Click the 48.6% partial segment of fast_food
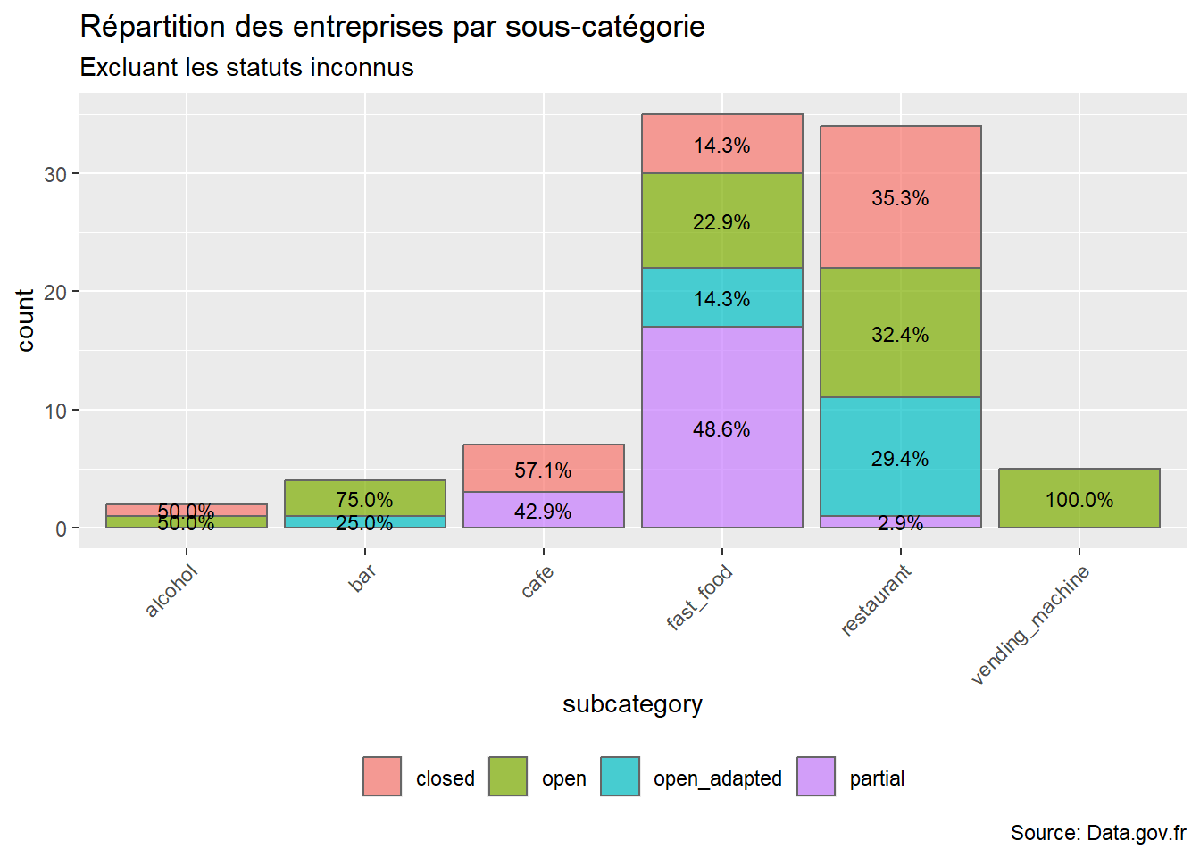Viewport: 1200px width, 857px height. coord(721,428)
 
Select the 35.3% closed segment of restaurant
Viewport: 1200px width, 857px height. coord(900,197)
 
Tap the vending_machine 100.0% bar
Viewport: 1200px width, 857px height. coord(1079,498)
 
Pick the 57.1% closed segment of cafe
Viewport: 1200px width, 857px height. coord(543,469)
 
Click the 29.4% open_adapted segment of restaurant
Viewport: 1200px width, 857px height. coord(900,456)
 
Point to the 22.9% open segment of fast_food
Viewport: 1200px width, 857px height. coord(721,220)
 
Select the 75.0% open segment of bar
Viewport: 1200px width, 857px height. coord(364,498)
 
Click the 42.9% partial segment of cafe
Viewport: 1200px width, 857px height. coord(543,511)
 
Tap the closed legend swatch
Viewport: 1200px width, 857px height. coord(382,777)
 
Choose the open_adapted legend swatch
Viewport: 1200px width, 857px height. coord(620,777)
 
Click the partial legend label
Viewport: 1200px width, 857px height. coord(877,778)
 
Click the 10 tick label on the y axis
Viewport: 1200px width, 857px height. coord(55,411)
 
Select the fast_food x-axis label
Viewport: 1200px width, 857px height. coord(700,597)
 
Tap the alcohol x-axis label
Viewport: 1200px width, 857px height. coord(171,591)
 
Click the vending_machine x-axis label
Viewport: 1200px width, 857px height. coord(1030,625)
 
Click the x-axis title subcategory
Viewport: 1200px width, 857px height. coord(632,704)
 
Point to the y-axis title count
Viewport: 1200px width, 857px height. coord(25,320)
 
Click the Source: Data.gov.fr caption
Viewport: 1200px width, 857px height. coord(1097,833)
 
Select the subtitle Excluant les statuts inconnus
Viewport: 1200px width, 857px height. coord(246,68)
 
